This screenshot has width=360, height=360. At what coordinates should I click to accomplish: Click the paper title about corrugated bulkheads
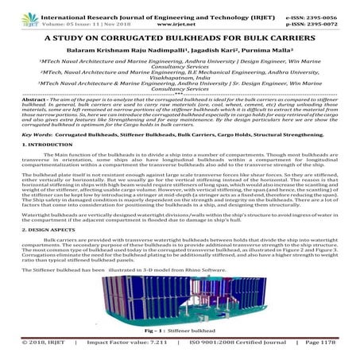click(180, 37)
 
